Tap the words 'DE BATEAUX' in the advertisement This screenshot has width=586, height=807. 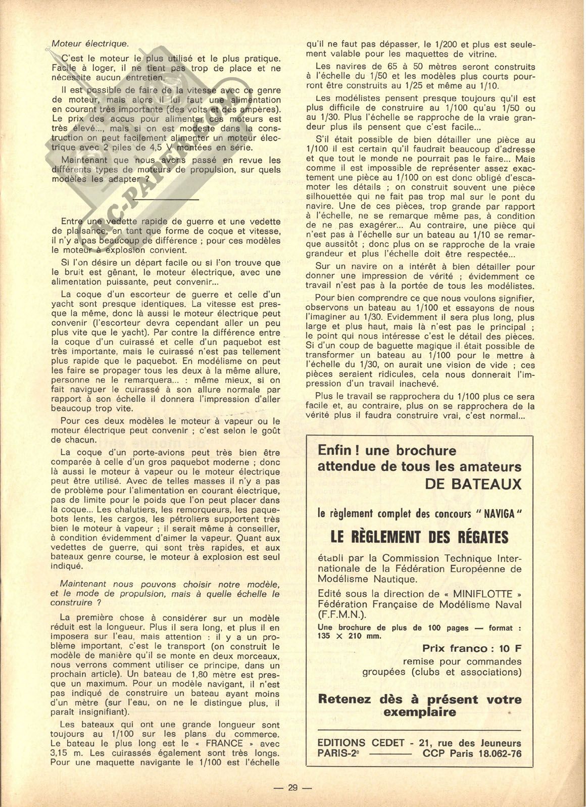point(473,484)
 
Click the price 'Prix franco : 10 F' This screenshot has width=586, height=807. point(471,648)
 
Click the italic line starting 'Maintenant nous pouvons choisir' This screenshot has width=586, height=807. point(165,584)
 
